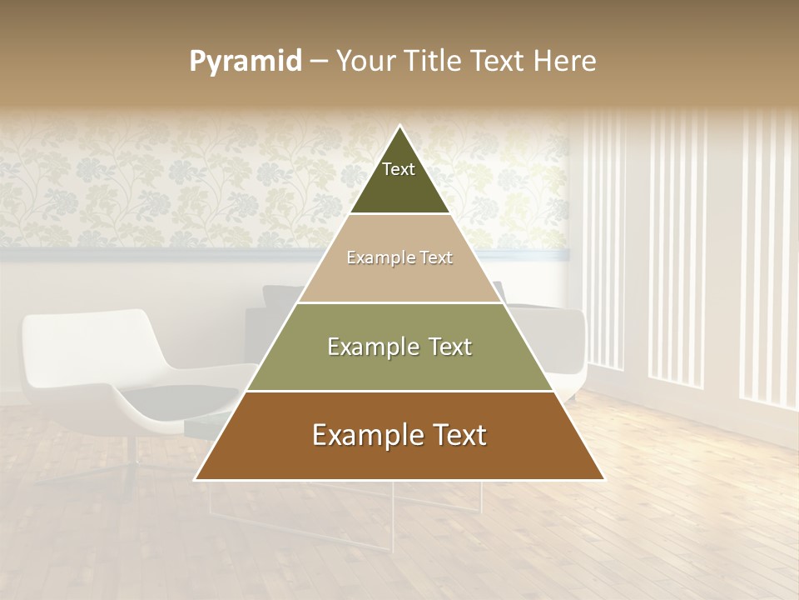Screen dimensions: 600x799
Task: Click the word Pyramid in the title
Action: (246, 61)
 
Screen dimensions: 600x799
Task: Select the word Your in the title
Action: (365, 61)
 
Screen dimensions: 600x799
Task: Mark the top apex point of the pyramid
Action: (399, 126)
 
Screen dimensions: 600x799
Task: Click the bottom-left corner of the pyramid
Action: (196, 479)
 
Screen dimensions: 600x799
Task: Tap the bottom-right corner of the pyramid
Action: (604, 479)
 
